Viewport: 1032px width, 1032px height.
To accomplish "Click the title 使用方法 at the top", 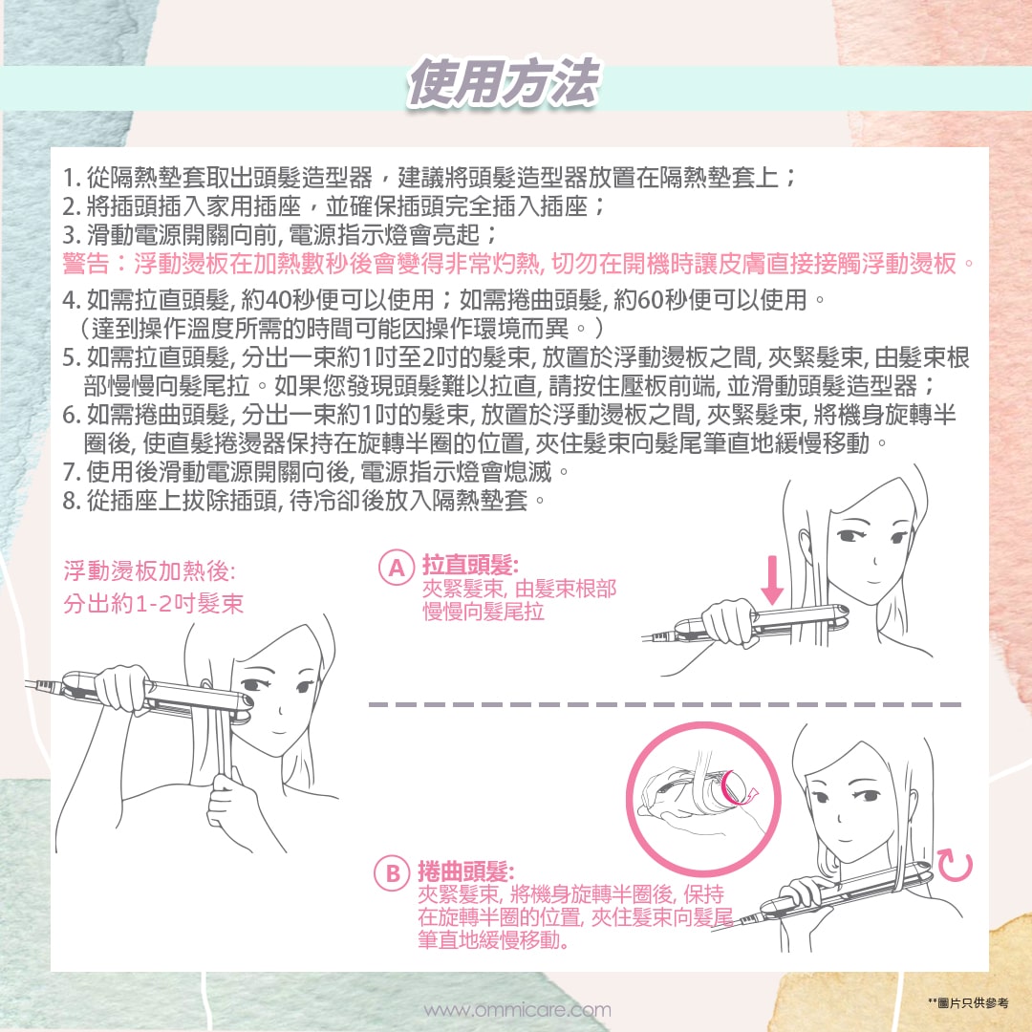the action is coord(503,82).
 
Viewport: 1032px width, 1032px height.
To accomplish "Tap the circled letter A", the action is coord(396,568).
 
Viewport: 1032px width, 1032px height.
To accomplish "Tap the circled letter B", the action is coord(393,873).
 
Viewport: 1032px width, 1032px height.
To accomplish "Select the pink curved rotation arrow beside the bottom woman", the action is coord(955,866).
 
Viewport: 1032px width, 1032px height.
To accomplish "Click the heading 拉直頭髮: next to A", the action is coord(470,565).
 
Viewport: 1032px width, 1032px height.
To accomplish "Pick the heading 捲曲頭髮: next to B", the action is coord(466,871).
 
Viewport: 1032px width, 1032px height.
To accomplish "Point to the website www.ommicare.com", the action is coord(517,1010).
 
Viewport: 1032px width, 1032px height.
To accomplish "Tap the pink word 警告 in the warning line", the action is coord(86,264).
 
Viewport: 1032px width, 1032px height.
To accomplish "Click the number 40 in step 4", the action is coord(278,300).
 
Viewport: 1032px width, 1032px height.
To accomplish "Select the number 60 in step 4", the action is coord(650,300).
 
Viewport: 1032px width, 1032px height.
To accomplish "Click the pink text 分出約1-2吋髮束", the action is coord(153,604).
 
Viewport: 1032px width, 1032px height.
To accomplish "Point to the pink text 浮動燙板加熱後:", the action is coord(149,570).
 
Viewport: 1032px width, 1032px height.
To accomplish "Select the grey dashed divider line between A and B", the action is coord(665,705).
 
